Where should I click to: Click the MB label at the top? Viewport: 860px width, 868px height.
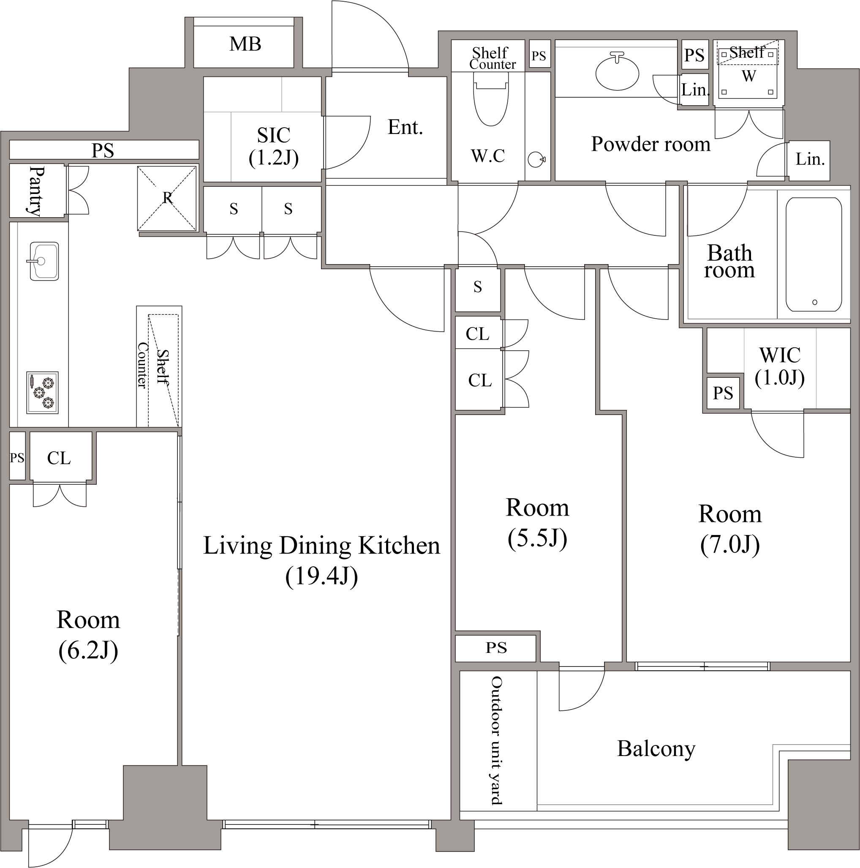click(x=245, y=44)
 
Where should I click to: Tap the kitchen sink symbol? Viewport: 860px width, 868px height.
click(x=44, y=261)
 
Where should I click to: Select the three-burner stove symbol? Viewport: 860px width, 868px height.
click(x=42, y=392)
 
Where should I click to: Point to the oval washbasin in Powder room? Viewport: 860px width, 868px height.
click(x=617, y=72)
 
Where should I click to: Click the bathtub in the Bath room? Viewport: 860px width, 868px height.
click(x=814, y=254)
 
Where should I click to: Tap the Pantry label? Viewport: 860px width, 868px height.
click(x=36, y=191)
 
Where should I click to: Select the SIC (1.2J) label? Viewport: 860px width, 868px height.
click(x=273, y=147)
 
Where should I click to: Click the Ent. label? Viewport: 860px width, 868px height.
click(x=405, y=127)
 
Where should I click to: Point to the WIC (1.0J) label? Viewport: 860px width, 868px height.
click(x=780, y=366)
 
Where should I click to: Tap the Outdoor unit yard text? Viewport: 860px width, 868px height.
click(x=496, y=740)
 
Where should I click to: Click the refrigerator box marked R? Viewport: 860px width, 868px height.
click(x=167, y=198)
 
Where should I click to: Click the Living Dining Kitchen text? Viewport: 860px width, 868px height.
click(x=321, y=546)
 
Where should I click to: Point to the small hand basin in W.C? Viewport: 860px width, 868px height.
click(x=536, y=159)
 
